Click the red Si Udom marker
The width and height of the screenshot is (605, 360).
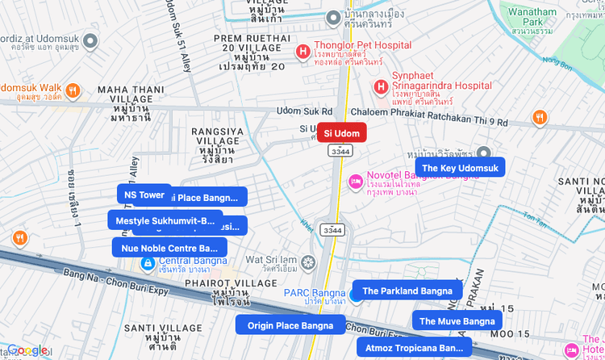[341, 132]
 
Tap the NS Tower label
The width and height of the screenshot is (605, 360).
[144, 195]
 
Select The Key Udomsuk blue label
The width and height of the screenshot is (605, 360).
[460, 168]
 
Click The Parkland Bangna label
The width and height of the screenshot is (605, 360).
[407, 291]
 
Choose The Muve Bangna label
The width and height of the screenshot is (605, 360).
[457, 321]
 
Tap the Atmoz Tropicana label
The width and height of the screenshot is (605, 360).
[414, 348]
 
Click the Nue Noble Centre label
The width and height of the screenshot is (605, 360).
[169, 248]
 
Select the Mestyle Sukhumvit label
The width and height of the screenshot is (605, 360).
[165, 220]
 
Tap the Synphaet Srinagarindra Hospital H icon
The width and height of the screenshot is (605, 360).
[380, 85]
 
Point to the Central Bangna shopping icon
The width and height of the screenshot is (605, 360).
[148, 263]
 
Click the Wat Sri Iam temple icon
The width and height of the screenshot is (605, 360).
[309, 263]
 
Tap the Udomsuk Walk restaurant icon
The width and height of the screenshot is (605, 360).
[73, 90]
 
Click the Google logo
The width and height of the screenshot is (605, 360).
[27, 350]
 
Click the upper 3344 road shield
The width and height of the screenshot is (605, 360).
[339, 150]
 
